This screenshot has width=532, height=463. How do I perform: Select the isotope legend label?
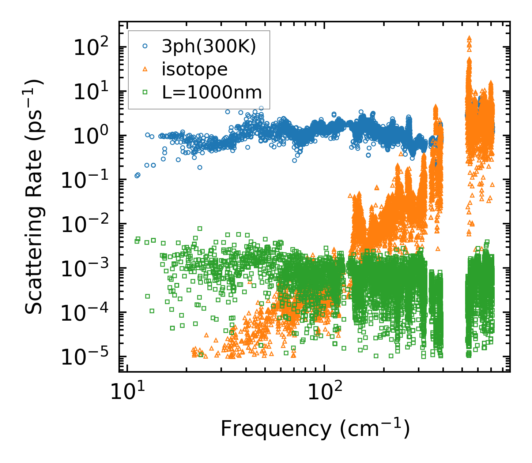pos(195,69)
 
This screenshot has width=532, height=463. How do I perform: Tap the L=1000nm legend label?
pos(212,92)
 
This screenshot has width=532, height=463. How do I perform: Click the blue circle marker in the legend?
pos(145,46)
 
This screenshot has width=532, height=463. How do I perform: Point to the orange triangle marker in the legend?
pos(145,69)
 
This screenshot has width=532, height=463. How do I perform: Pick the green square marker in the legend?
pos(145,92)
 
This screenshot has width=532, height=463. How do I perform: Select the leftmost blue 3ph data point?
pos(136,176)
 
